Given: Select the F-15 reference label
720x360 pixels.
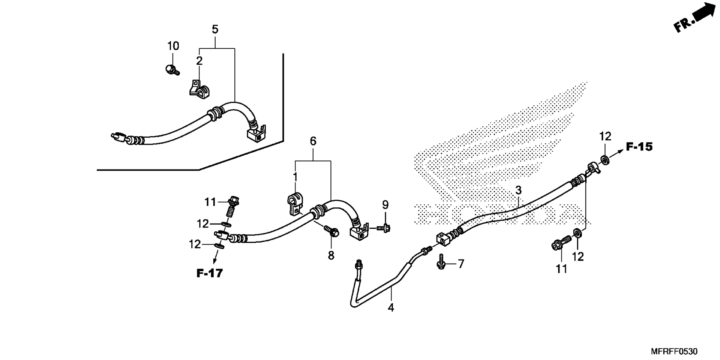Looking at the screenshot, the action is (639, 147).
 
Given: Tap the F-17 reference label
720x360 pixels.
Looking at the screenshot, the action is (210, 273).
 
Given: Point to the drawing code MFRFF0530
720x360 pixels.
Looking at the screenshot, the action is (674, 351).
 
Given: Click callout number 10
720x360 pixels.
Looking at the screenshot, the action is (173, 46).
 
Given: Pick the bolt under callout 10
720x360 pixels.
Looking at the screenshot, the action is (172, 69).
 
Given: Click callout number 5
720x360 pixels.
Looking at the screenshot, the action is (215, 29).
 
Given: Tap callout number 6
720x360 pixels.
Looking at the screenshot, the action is (313, 141).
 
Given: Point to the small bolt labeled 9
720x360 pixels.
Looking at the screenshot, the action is (383, 227).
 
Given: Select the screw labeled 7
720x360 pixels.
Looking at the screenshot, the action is (441, 262).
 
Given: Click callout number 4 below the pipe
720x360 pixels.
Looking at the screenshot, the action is (391, 308).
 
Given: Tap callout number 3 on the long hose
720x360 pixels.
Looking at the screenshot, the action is (518, 190).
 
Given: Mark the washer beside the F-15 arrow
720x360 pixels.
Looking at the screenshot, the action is (604, 160).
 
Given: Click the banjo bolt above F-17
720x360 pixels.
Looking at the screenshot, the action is (233, 207).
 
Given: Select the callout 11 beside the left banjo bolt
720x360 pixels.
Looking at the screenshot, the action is (210, 202).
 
